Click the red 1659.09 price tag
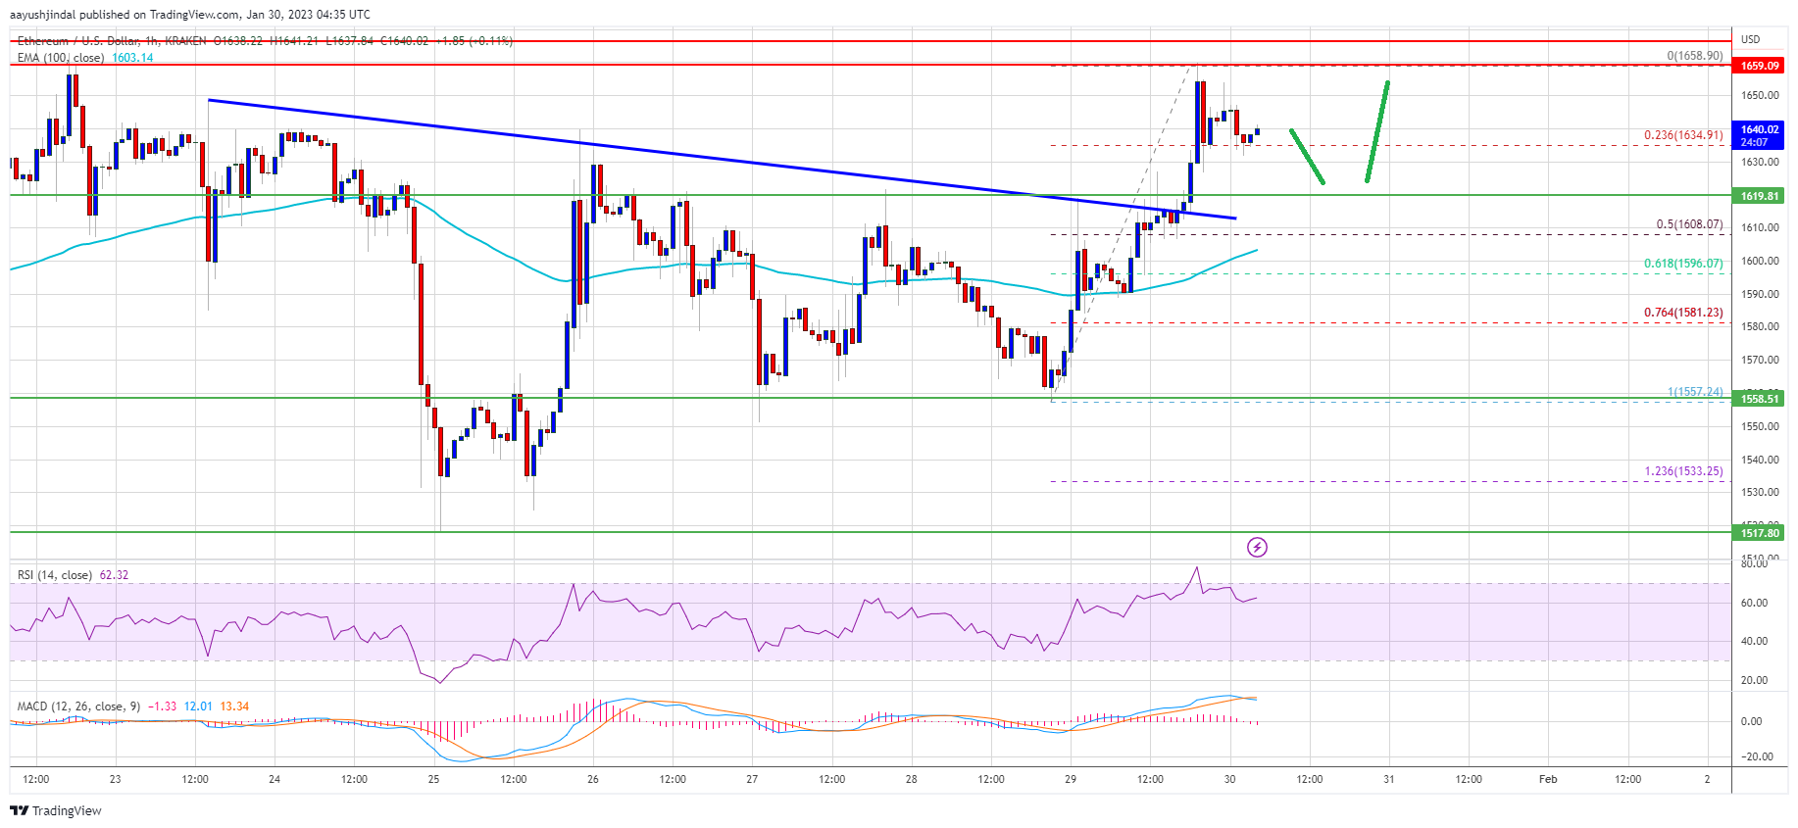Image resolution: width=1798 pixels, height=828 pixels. [x=1759, y=66]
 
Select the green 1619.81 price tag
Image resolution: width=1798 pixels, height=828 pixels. [x=1759, y=196]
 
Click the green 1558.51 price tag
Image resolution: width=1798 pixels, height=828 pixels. [x=1759, y=399]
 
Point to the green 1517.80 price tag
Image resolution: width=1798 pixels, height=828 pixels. [x=1759, y=533]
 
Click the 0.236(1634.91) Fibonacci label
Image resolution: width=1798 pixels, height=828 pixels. [x=1682, y=135]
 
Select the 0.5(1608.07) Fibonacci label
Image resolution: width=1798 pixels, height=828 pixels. [x=1688, y=224]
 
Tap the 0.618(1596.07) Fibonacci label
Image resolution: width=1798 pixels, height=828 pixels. [x=1682, y=264]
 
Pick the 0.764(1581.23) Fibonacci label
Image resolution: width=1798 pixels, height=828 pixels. [x=1682, y=313]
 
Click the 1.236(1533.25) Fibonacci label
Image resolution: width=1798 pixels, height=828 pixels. [x=1682, y=471]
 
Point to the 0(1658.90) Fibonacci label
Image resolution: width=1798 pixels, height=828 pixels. [x=1694, y=56]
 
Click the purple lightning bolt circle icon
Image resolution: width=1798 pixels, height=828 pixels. [x=1257, y=547]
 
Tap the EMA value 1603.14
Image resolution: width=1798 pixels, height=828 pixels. [x=132, y=58]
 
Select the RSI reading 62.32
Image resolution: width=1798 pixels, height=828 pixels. [x=114, y=575]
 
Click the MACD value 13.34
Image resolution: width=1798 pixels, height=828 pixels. [x=234, y=706]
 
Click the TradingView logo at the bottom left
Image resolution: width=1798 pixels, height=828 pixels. [x=56, y=810]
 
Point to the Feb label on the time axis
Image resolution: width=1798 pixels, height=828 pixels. [x=1547, y=779]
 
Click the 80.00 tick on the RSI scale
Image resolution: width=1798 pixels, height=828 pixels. [x=1754, y=563]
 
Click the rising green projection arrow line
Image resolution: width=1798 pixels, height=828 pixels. [x=1377, y=131]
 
